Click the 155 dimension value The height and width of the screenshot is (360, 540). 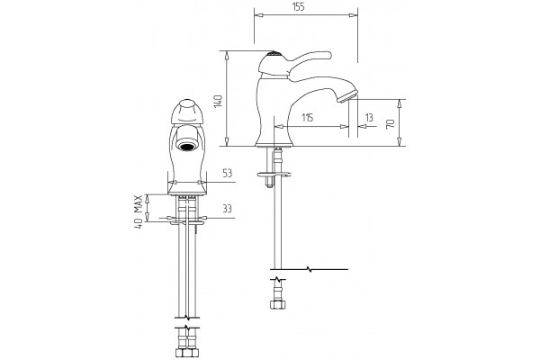click(300, 7)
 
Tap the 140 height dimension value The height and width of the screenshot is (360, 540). click(219, 101)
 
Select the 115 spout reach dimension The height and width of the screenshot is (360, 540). click(307, 118)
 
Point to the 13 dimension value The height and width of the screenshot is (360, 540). click(369, 118)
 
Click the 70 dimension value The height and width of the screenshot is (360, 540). click(391, 123)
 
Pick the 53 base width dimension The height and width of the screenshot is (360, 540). click(228, 173)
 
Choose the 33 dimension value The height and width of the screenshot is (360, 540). click(228, 209)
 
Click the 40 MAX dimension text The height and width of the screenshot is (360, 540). click(138, 211)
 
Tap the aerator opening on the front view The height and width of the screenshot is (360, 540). click(187, 146)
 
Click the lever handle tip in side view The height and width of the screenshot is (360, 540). click(327, 55)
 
